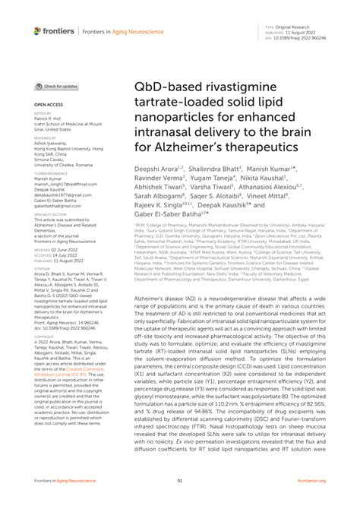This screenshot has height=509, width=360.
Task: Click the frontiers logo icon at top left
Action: coord(38,31)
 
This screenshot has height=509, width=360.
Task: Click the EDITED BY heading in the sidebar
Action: coord(43,113)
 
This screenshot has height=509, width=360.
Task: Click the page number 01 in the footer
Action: coord(180,501)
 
